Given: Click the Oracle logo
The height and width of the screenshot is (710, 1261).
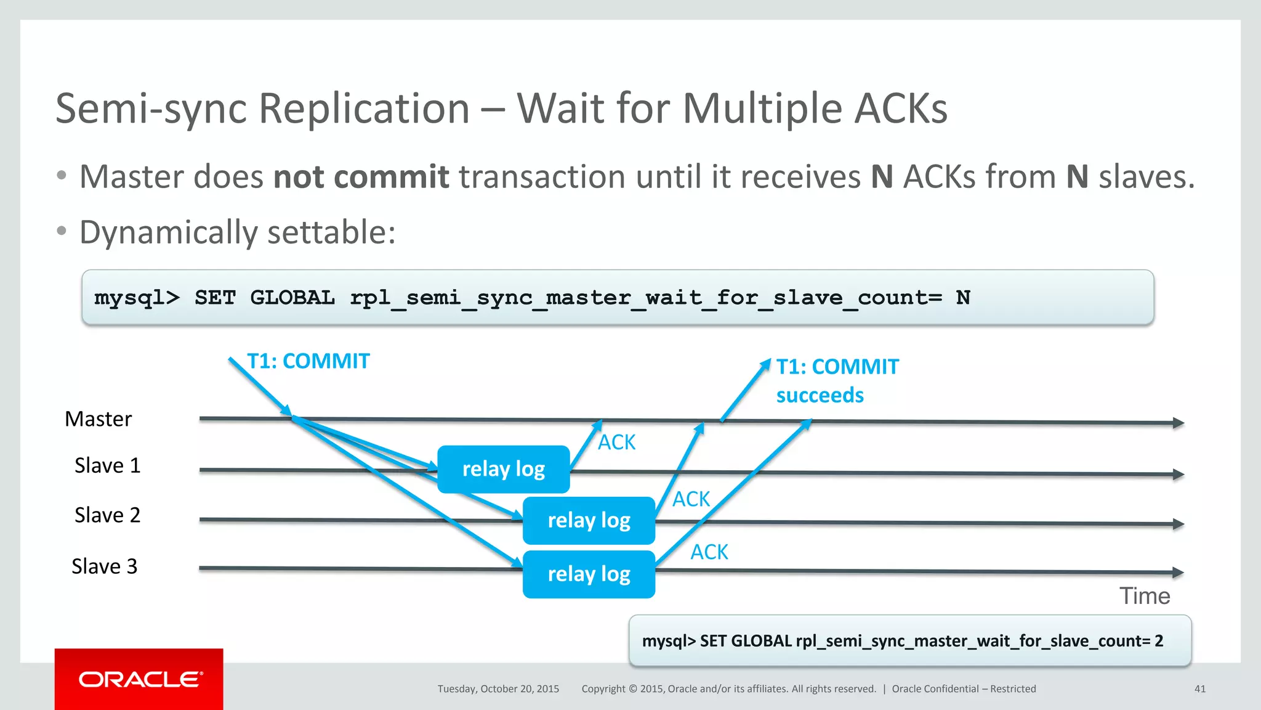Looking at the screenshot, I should pyautogui.click(x=140, y=679).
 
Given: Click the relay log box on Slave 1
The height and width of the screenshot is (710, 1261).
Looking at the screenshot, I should pyautogui.click(x=503, y=469).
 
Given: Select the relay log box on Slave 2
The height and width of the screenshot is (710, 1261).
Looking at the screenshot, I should pyautogui.click(x=589, y=520).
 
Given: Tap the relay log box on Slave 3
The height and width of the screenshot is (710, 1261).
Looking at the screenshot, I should pyautogui.click(x=589, y=574).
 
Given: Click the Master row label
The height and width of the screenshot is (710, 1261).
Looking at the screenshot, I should pyautogui.click(x=98, y=419).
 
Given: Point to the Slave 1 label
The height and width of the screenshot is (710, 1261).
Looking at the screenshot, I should pyautogui.click(x=107, y=465).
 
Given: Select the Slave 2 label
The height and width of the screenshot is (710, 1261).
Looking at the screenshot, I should pyautogui.click(x=107, y=515).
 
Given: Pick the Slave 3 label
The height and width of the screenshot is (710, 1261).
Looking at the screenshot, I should pyautogui.click(x=104, y=566).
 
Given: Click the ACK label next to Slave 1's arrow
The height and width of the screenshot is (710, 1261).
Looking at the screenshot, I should pyautogui.click(x=616, y=442).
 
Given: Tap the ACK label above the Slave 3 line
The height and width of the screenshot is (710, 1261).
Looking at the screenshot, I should pyautogui.click(x=709, y=552).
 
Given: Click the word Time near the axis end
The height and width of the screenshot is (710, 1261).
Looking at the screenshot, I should pyautogui.click(x=1144, y=596).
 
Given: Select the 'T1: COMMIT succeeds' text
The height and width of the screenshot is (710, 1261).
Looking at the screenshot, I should pyautogui.click(x=836, y=381).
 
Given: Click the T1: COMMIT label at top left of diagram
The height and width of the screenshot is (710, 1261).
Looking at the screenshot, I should pyautogui.click(x=308, y=361).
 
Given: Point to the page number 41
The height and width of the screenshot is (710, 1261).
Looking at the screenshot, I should pyautogui.click(x=1199, y=689).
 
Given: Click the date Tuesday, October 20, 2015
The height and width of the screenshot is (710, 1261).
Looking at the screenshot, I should pyautogui.click(x=498, y=689).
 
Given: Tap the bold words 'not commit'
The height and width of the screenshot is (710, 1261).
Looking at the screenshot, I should pyautogui.click(x=361, y=177).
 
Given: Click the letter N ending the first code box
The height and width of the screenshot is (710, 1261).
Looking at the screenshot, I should pyautogui.click(x=963, y=298).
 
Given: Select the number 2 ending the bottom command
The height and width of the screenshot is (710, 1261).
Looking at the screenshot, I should pyautogui.click(x=1159, y=641).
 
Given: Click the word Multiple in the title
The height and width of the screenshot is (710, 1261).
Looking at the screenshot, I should pyautogui.click(x=762, y=108).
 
